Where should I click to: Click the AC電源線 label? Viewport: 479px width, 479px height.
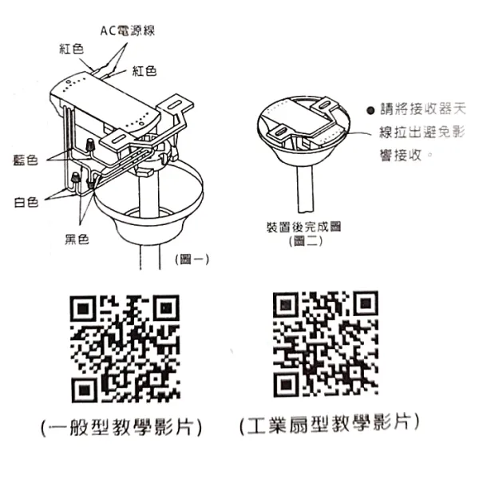coord(127,31)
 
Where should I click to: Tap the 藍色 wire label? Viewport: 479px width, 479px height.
coord(27,160)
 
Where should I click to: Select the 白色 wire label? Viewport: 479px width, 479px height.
coord(26,201)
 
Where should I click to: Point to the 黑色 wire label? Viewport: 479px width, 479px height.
coord(77,237)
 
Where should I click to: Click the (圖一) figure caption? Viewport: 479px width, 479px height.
coord(190,259)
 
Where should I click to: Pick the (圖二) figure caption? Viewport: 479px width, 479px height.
coord(306,240)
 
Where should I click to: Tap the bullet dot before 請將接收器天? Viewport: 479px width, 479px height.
coord(370,112)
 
